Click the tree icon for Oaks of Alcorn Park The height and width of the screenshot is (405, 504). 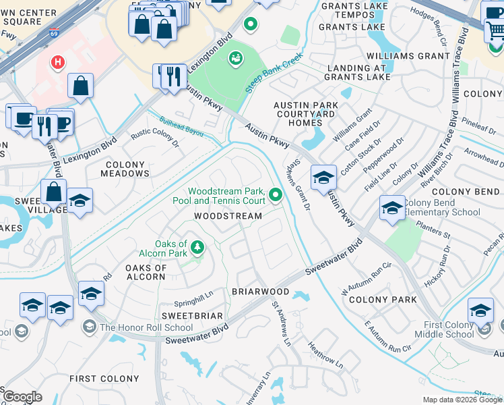(197, 248)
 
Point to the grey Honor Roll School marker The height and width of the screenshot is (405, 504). (89, 327)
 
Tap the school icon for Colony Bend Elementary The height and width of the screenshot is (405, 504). (392, 207)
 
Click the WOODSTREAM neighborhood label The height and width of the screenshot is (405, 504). (228, 216)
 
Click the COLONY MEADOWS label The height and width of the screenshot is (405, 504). (125, 169)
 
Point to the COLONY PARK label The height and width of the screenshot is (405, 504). (378, 300)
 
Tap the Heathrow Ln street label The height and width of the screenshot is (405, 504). (325, 355)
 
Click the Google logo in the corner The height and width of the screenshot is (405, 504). (23, 397)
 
